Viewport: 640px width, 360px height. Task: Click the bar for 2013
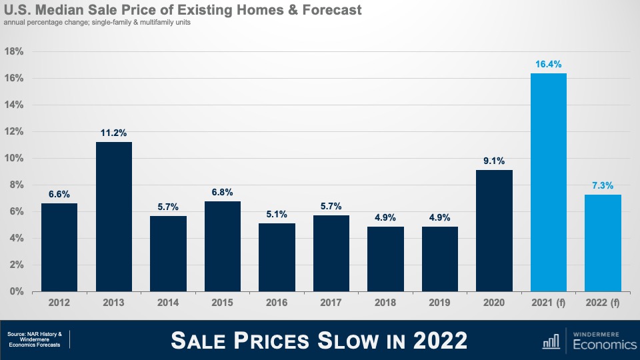pyautogui.click(x=114, y=217)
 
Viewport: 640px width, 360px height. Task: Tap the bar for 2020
pyautogui.click(x=494, y=231)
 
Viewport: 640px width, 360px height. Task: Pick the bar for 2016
pyautogui.click(x=277, y=257)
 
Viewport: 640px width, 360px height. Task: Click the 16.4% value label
pyautogui.click(x=548, y=65)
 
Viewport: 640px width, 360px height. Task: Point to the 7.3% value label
pyautogui.click(x=603, y=186)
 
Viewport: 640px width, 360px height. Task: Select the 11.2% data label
pyautogui.click(x=114, y=133)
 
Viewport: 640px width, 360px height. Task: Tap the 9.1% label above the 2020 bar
pyautogui.click(x=494, y=161)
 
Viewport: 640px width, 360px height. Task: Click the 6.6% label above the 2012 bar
pyautogui.click(x=59, y=194)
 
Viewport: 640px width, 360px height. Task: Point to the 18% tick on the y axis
pyautogui.click(x=14, y=51)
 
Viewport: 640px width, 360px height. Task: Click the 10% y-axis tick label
pyautogui.click(x=14, y=158)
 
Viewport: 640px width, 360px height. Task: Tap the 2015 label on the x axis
pyautogui.click(x=223, y=303)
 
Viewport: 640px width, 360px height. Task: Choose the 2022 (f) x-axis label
pyautogui.click(x=603, y=303)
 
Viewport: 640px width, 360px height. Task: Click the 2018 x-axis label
pyautogui.click(x=385, y=303)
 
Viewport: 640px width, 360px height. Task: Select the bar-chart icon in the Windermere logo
pyautogui.click(x=551, y=341)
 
